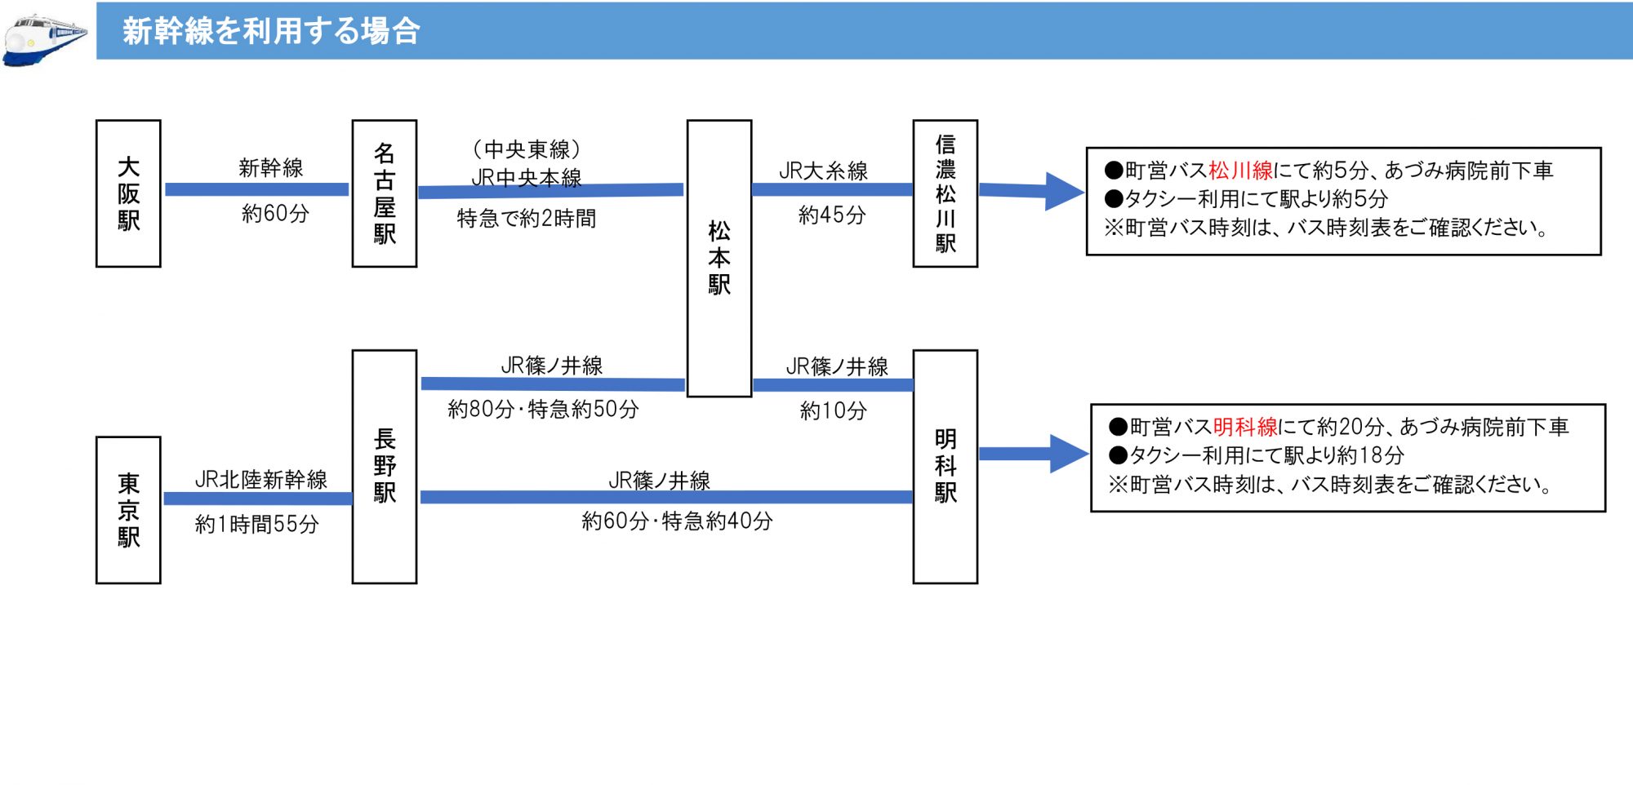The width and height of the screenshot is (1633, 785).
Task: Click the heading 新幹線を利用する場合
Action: pos(271,31)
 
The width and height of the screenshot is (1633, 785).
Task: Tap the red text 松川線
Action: pos(1240,171)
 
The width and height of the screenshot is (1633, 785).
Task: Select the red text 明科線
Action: pos(1245,427)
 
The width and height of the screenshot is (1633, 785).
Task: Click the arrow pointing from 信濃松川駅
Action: pos(1032,192)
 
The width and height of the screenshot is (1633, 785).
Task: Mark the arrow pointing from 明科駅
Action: pos(1035,454)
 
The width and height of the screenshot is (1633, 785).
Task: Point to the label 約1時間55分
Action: pos(257,524)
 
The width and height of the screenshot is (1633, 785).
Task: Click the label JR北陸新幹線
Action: pos(261,479)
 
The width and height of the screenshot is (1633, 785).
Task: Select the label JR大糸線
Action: pos(823,171)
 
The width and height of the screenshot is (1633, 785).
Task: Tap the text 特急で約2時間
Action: pos(527,218)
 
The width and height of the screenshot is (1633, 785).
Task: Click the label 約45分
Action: pos(832,215)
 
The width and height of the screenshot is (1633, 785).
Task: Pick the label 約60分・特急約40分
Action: pos(677,521)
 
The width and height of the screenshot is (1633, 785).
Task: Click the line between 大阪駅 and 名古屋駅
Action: pos(256,189)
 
